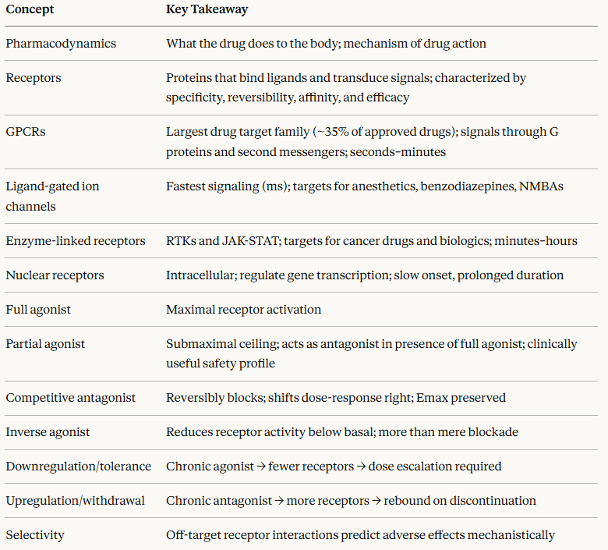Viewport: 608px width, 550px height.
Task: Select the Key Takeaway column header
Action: pos(207,9)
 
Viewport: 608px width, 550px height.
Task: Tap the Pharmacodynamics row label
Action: pos(61,44)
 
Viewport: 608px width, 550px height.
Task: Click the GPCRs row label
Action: pos(26,132)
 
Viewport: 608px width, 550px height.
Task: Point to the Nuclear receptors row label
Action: pos(55,275)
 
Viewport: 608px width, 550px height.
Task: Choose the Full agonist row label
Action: pos(38,310)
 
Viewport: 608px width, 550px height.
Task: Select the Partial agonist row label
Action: pos(45,344)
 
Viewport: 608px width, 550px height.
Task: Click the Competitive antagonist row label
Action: pos(71,398)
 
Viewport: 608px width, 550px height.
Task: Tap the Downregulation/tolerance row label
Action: pos(79,467)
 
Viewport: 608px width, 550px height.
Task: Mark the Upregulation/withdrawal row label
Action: pos(76,501)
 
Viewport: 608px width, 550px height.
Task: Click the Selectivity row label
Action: pos(35,535)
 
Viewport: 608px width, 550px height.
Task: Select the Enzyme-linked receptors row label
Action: pos(76,241)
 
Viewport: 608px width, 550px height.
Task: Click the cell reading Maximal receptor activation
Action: pos(243,310)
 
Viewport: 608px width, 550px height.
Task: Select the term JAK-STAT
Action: pos(249,241)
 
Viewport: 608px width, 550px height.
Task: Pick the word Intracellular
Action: pos(201,275)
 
